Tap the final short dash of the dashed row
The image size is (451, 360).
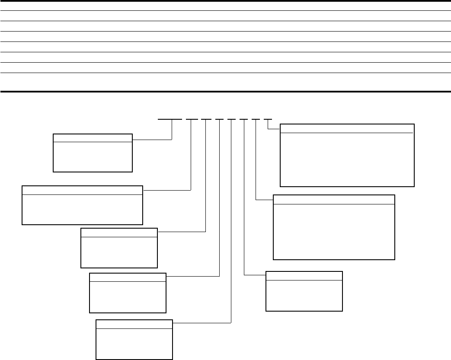[268, 119]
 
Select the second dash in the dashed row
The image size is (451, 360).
[192, 119]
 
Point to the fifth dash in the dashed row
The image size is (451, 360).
[231, 119]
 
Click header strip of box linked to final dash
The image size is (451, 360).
[347, 128]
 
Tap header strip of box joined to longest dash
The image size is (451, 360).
[93, 138]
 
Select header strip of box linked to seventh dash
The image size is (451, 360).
[334, 199]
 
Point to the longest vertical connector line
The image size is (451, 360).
[231, 220]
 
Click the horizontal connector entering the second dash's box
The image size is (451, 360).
[167, 190]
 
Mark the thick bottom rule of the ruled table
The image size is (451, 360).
[225, 91]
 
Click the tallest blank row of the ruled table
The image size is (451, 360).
[225, 82]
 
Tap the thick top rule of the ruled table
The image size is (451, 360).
[225, 1]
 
